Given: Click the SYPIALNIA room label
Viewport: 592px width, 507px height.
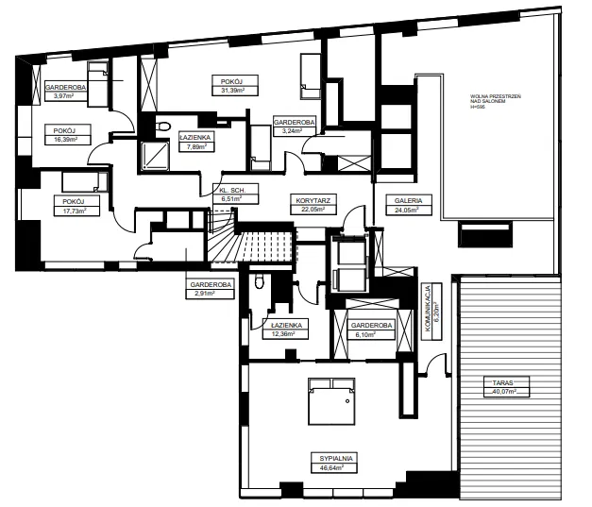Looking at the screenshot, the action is [x=336, y=458].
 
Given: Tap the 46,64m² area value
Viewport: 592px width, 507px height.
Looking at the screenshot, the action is [x=331, y=467].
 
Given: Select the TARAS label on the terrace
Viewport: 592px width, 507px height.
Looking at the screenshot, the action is [x=503, y=382].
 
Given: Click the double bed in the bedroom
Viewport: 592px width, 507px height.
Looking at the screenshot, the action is [x=331, y=401].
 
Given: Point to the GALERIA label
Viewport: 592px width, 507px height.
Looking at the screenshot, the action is [x=408, y=200].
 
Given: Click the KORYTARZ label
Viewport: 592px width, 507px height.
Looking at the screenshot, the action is [x=313, y=200].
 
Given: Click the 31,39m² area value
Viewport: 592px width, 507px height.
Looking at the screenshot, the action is [x=232, y=91].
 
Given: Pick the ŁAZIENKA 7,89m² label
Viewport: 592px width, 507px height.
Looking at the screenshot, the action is [x=195, y=142].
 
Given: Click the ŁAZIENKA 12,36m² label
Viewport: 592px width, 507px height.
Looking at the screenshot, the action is [x=285, y=330].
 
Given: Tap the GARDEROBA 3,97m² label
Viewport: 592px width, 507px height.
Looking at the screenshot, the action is [x=66, y=91].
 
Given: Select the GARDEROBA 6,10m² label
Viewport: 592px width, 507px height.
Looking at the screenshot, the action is [x=372, y=330].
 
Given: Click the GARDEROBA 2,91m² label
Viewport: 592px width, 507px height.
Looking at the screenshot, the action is [x=211, y=289].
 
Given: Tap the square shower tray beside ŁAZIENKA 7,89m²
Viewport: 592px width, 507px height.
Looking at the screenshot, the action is [x=155, y=155].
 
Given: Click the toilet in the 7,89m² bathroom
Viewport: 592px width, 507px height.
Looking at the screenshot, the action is [x=162, y=126].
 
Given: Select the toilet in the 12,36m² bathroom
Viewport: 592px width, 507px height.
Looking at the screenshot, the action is [x=259, y=281].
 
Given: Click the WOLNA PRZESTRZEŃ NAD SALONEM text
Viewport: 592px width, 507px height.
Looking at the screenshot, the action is [x=496, y=99].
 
